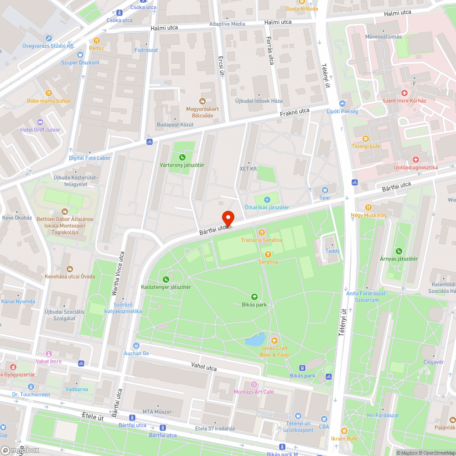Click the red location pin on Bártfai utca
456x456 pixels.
[x=228, y=218]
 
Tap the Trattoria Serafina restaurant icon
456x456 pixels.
[x=262, y=232]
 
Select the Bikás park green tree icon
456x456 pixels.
[x=255, y=296]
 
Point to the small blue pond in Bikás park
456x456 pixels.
[x=255, y=340]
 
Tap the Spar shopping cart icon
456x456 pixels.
[x=325, y=190]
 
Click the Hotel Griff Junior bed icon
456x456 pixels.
[x=40, y=122]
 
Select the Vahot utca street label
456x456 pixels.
[x=204, y=366]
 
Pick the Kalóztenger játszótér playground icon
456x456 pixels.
[x=166, y=279]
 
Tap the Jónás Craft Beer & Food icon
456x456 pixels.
[x=275, y=340]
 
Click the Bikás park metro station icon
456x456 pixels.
[x=302, y=368]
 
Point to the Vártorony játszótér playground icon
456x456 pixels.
[x=182, y=157]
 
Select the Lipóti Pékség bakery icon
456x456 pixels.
[x=342, y=104]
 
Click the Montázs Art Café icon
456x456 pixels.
[x=254, y=384]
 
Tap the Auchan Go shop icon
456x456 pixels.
[x=136, y=346]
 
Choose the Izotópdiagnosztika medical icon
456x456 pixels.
[x=416, y=160]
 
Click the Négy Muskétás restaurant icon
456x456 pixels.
[x=368, y=207]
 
